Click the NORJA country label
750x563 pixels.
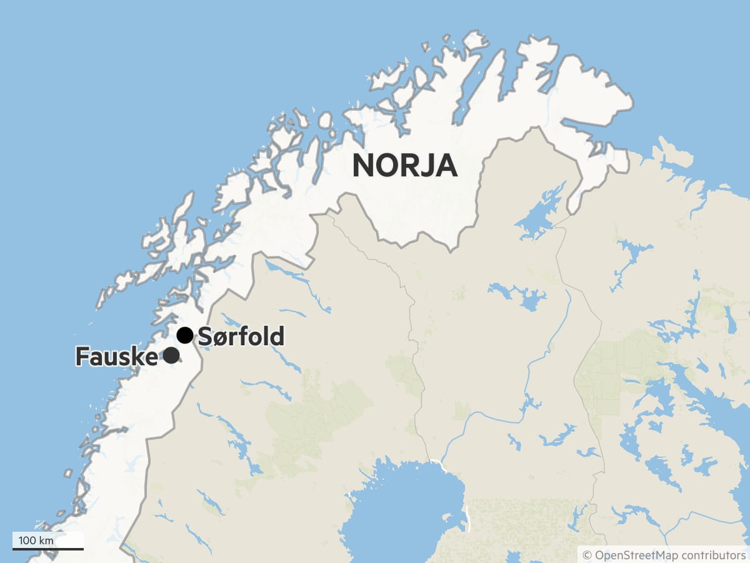pyautogui.click(x=404, y=166)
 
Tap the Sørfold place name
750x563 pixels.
pyautogui.click(x=241, y=337)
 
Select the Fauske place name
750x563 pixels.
pyautogui.click(x=116, y=356)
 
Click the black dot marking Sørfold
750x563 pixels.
pyautogui.click(x=184, y=335)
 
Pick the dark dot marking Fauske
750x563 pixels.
pyautogui.click(x=171, y=355)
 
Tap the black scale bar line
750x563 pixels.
pyautogui.click(x=48, y=549)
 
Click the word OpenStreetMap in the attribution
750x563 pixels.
pyautogui.click(x=636, y=555)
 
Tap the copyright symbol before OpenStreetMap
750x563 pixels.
pyautogui.click(x=587, y=555)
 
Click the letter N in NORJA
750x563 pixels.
pyautogui.click(x=364, y=166)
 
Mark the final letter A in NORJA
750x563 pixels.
pyautogui.click(x=447, y=166)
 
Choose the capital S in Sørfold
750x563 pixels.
pyautogui.click(x=204, y=337)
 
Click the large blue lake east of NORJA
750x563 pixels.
pyautogui.click(x=539, y=213)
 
